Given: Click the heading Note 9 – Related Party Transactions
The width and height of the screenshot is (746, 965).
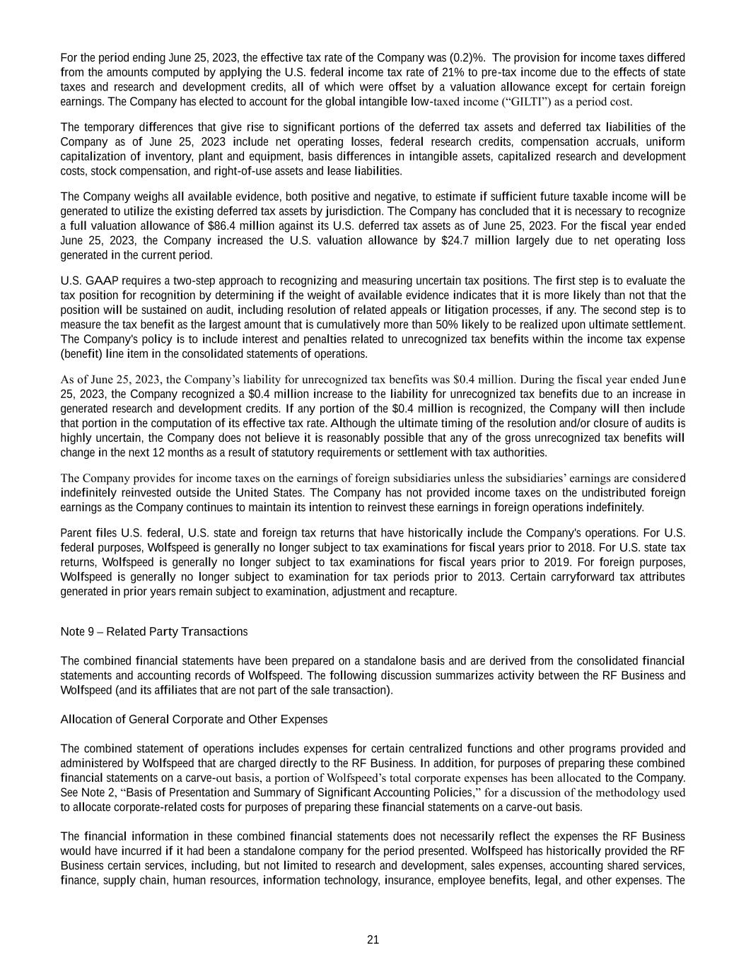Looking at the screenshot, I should [154, 631].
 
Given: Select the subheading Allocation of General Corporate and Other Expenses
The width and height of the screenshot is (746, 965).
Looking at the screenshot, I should [194, 720].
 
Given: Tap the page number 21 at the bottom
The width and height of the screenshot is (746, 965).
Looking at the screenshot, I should [373, 940].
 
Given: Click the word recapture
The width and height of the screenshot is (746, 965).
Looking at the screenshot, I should [433, 592].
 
